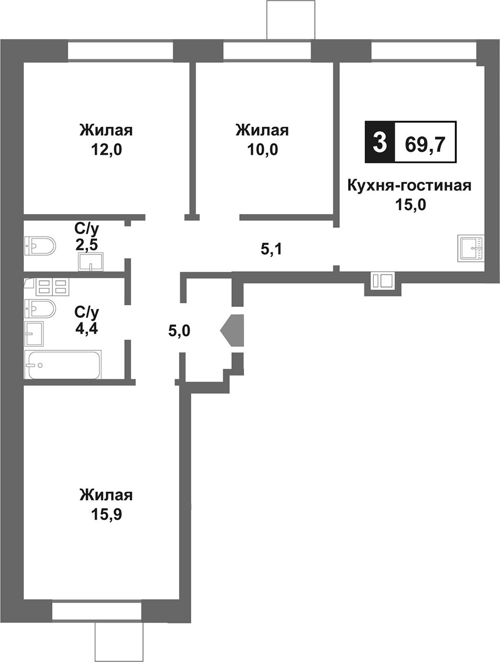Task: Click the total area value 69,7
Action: point(425,143)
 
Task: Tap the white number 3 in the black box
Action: point(379,142)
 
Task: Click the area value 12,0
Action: point(106,150)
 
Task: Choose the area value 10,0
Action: point(262,150)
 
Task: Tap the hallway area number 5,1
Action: point(271,249)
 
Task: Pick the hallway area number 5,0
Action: point(179,330)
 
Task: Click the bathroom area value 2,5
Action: point(86,244)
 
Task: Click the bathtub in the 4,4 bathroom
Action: point(63,365)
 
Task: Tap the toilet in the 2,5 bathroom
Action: point(40,245)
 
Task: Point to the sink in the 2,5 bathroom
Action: point(91,261)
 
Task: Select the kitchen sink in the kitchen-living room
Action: point(471,247)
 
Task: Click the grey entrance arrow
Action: point(232,330)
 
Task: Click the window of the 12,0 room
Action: point(120,51)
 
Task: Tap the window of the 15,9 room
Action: point(97,611)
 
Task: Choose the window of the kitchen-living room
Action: point(424,51)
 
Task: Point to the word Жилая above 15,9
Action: point(106,495)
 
